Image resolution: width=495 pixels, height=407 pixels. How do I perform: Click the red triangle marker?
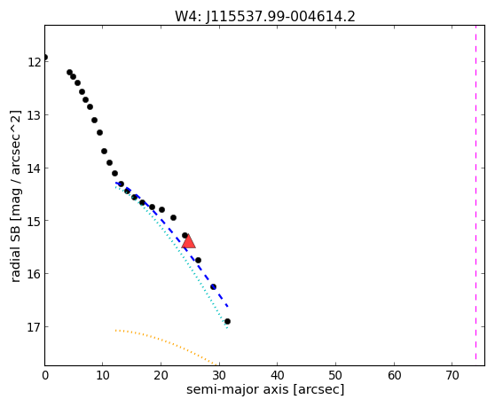pos(188,241)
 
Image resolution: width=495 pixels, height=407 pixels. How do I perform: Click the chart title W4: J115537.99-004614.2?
pos(265,17)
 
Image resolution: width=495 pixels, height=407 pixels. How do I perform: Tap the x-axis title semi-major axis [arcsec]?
pos(265,389)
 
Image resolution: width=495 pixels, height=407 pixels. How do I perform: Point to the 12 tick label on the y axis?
pos(34,62)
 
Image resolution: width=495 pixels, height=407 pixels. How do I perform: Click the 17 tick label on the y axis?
pos(34,327)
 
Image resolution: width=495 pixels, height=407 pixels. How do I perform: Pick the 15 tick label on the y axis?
pos(34,221)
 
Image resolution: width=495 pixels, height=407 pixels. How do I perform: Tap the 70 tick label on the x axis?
pos(452,375)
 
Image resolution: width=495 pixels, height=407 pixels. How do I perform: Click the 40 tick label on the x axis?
pos(277,375)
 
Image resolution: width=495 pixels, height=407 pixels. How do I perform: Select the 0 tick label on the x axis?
pos(45,375)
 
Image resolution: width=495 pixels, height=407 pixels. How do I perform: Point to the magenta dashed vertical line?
pos(475,192)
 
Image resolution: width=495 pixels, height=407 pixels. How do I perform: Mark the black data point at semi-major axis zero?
pos(45,57)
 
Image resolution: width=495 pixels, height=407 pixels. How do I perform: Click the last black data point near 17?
pos(227,322)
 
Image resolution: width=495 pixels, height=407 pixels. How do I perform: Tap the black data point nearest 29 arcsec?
pos(214,286)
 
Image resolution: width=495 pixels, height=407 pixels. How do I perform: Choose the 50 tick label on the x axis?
pos(335,375)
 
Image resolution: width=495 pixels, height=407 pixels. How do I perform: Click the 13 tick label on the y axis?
pos(34,115)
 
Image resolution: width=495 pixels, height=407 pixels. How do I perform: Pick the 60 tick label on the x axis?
pos(394,375)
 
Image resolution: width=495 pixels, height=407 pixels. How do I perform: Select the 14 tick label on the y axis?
pos(34,168)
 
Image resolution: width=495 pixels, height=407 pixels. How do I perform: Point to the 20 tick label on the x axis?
pos(161,375)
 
